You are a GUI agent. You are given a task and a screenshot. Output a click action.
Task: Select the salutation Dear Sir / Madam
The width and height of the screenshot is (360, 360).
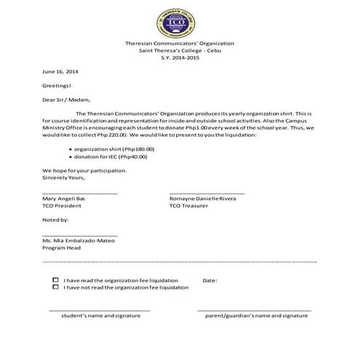[67, 100]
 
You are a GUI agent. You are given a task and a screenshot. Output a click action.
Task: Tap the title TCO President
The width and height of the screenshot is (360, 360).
[62, 207]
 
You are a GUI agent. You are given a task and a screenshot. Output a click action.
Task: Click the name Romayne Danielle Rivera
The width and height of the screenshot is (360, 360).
[202, 199]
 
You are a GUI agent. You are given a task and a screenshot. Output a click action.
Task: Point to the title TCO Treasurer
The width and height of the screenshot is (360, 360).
[188, 207]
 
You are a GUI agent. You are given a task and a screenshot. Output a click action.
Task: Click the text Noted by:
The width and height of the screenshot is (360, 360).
[56, 219]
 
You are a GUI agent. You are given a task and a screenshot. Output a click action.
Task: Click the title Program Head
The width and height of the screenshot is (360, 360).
[62, 247]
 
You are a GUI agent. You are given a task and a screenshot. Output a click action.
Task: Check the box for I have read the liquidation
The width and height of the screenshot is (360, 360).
[56, 280]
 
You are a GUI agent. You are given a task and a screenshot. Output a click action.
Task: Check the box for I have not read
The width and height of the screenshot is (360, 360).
[56, 287]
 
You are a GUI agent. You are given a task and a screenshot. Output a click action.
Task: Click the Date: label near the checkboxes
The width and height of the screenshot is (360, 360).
[209, 280]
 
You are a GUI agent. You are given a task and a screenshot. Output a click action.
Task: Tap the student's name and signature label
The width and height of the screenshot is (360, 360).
[100, 316]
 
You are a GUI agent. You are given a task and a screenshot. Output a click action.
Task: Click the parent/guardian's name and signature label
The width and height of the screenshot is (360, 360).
[256, 316]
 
